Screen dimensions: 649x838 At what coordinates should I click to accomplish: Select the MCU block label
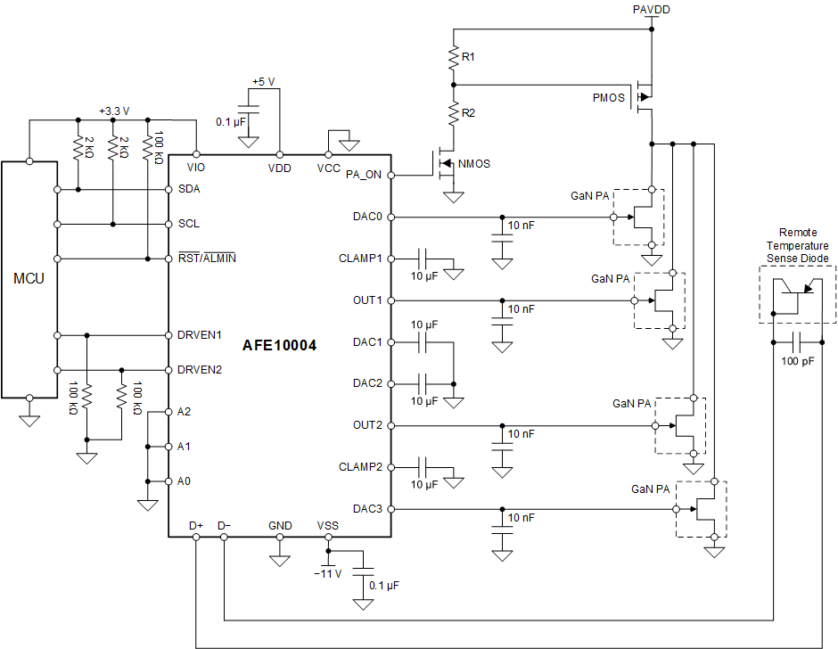[x=28, y=279]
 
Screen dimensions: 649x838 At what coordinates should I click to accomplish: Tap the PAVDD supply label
[x=651, y=9]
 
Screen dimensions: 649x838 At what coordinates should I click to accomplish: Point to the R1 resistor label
[x=469, y=57]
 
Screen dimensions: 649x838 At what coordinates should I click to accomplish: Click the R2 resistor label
[x=469, y=112]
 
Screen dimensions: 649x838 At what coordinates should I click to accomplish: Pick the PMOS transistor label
[x=608, y=97]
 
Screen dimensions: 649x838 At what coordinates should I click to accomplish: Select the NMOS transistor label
[x=473, y=163]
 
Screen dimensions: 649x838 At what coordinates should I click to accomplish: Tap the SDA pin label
[x=189, y=189]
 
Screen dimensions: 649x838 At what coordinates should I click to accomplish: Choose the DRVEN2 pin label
[x=200, y=369]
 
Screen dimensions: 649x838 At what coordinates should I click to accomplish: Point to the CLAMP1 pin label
[x=360, y=259]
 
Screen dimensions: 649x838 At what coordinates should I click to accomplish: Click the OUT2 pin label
[x=367, y=425]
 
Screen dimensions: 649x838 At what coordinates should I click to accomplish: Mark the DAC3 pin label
[x=367, y=509]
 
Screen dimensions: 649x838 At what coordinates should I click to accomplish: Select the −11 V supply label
[x=328, y=573]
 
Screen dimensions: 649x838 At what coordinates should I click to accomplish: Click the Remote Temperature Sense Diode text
[x=797, y=245]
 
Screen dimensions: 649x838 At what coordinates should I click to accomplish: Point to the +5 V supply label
[x=263, y=81]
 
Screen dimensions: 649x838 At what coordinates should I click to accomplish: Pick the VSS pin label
[x=327, y=526]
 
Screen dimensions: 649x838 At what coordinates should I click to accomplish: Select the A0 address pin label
[x=185, y=481]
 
